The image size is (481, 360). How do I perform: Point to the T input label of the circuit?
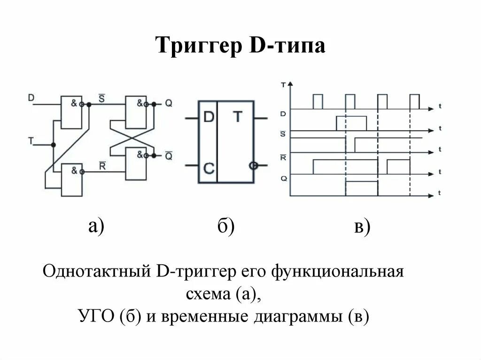31,140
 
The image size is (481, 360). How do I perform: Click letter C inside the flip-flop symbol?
208,167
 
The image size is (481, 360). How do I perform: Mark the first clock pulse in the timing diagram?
318,101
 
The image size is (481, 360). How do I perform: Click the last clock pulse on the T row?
414,101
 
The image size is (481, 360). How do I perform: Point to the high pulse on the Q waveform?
362,188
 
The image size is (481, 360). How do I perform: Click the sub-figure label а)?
96,226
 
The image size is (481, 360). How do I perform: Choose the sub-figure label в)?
362,227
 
